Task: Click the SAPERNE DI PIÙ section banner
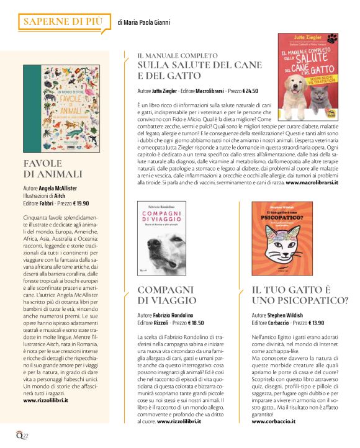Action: tap(63, 22)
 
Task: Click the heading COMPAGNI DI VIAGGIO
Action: tap(167, 295)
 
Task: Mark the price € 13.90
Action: tap(313, 323)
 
